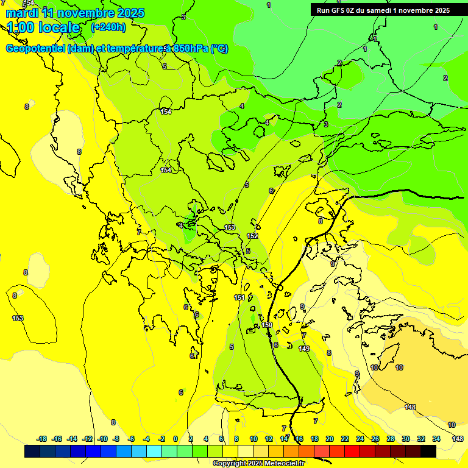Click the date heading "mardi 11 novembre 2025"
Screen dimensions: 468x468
click(75, 13)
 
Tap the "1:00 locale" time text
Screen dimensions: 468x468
click(44, 27)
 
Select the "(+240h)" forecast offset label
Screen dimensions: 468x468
click(108, 27)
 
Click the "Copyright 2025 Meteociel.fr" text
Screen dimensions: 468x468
click(259, 464)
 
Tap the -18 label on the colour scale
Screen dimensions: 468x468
click(42, 439)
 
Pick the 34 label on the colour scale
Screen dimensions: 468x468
click(436, 439)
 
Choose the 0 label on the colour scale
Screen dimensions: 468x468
click(175, 439)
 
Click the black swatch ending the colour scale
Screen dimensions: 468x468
click(428, 451)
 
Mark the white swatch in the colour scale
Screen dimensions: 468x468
click(245, 451)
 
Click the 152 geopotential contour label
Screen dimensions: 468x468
click(252, 236)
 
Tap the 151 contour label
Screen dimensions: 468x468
click(239, 297)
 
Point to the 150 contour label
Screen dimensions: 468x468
click(267, 325)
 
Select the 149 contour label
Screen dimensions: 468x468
click(304, 349)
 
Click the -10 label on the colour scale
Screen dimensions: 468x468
click(102, 439)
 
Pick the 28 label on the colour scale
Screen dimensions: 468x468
click(391, 439)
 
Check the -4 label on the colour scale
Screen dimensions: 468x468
click(146, 439)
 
